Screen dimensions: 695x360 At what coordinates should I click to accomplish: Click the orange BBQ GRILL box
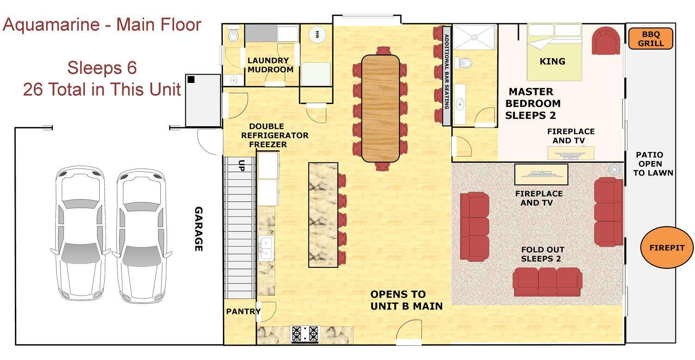click(651, 39)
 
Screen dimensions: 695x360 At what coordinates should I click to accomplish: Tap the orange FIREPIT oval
click(667, 248)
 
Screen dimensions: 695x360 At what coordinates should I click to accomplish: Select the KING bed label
click(552, 62)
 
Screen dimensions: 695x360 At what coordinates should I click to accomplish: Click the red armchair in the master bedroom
click(606, 41)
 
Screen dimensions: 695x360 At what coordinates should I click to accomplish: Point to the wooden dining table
click(380, 108)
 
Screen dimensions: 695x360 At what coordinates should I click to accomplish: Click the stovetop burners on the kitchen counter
click(305, 334)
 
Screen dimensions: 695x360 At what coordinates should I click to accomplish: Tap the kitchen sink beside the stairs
click(266, 248)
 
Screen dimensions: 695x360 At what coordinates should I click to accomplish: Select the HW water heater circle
click(317, 34)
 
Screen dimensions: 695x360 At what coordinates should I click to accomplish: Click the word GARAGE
click(199, 229)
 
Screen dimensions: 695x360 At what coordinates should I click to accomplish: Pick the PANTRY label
click(243, 311)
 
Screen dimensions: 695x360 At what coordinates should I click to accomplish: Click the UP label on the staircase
click(241, 166)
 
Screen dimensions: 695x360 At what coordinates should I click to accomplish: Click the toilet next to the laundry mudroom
click(233, 35)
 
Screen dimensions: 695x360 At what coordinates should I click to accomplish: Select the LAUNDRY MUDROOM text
click(270, 65)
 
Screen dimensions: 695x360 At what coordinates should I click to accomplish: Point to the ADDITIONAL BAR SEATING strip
click(447, 76)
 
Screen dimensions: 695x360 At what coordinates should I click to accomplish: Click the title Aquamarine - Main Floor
click(102, 25)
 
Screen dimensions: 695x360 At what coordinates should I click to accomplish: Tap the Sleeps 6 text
click(102, 68)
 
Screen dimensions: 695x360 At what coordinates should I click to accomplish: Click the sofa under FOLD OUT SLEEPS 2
click(547, 282)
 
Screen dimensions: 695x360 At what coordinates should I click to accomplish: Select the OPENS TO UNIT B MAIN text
click(406, 300)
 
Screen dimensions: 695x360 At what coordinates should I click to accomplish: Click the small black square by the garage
click(191, 79)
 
